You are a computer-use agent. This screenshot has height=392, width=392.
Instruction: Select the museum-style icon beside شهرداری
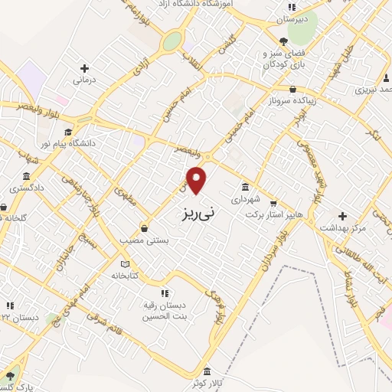point(245,186)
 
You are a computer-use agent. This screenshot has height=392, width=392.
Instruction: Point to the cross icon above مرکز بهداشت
point(342,216)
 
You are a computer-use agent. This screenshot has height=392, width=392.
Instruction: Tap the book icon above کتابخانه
point(125,264)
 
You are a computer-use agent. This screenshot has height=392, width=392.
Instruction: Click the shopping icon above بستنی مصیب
point(144,227)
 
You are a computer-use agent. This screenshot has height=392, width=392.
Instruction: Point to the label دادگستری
point(27,187)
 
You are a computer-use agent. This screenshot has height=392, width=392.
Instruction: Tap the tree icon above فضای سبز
point(284,42)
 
